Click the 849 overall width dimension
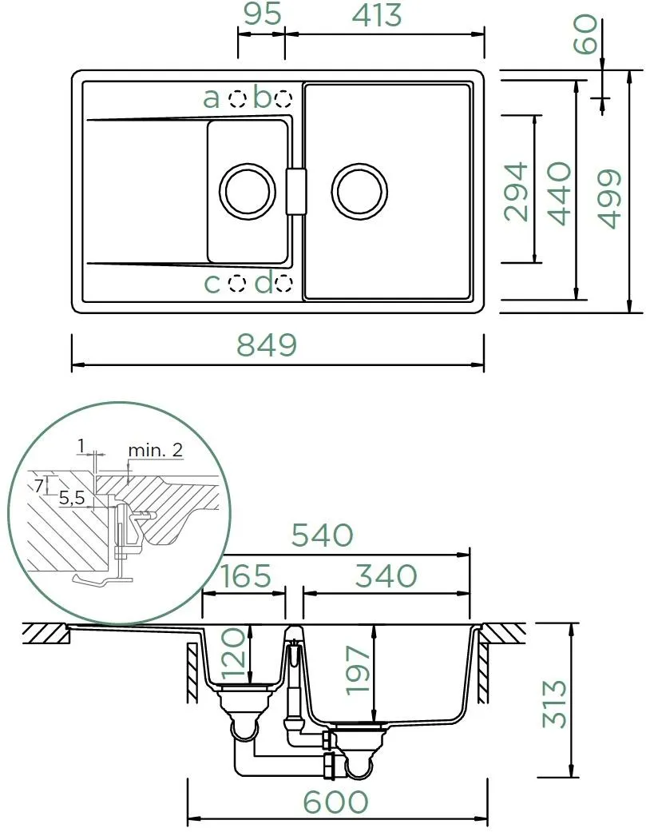pos(267,344)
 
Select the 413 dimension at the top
pos(377,15)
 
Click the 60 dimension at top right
pos(586,34)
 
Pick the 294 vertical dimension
pos(517,192)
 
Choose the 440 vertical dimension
pos(560,193)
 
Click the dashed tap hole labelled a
pos(237,98)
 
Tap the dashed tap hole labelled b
pos(283,98)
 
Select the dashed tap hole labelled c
pos(237,284)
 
